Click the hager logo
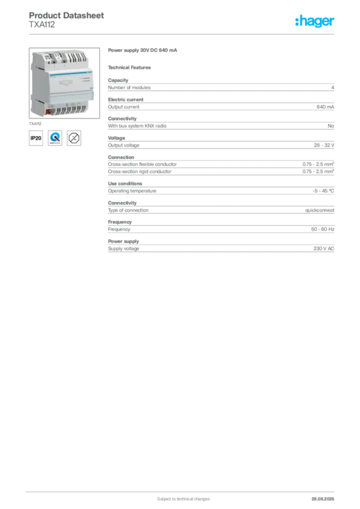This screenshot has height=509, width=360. click(x=314, y=21)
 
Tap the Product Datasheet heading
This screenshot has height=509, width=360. click(x=66, y=15)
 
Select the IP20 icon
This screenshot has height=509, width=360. click(x=36, y=138)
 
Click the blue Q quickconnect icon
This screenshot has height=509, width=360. click(x=55, y=138)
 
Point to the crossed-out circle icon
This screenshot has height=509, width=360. click(x=74, y=138)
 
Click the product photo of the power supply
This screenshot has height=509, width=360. click(x=64, y=83)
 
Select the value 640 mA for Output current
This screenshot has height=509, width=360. click(x=325, y=107)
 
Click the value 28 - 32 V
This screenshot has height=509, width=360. click(x=324, y=145)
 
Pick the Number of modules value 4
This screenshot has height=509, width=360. click(x=333, y=87)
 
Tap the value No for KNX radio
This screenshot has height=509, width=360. click(x=331, y=126)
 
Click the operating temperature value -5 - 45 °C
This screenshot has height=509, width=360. click(x=323, y=191)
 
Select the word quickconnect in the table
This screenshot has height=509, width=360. click(x=319, y=210)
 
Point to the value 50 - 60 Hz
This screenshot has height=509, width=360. click(x=323, y=229)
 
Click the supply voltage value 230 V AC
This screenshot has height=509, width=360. click(x=324, y=249)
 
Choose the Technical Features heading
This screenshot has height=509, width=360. click(x=129, y=68)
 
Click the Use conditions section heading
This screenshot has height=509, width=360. click(x=125, y=183)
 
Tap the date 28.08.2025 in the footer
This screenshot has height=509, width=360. click(x=323, y=499)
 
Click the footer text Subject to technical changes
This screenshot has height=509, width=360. click(x=183, y=499)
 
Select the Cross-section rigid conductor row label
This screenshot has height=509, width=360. click(x=140, y=171)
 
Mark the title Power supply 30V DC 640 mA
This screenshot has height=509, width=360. click(x=143, y=50)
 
